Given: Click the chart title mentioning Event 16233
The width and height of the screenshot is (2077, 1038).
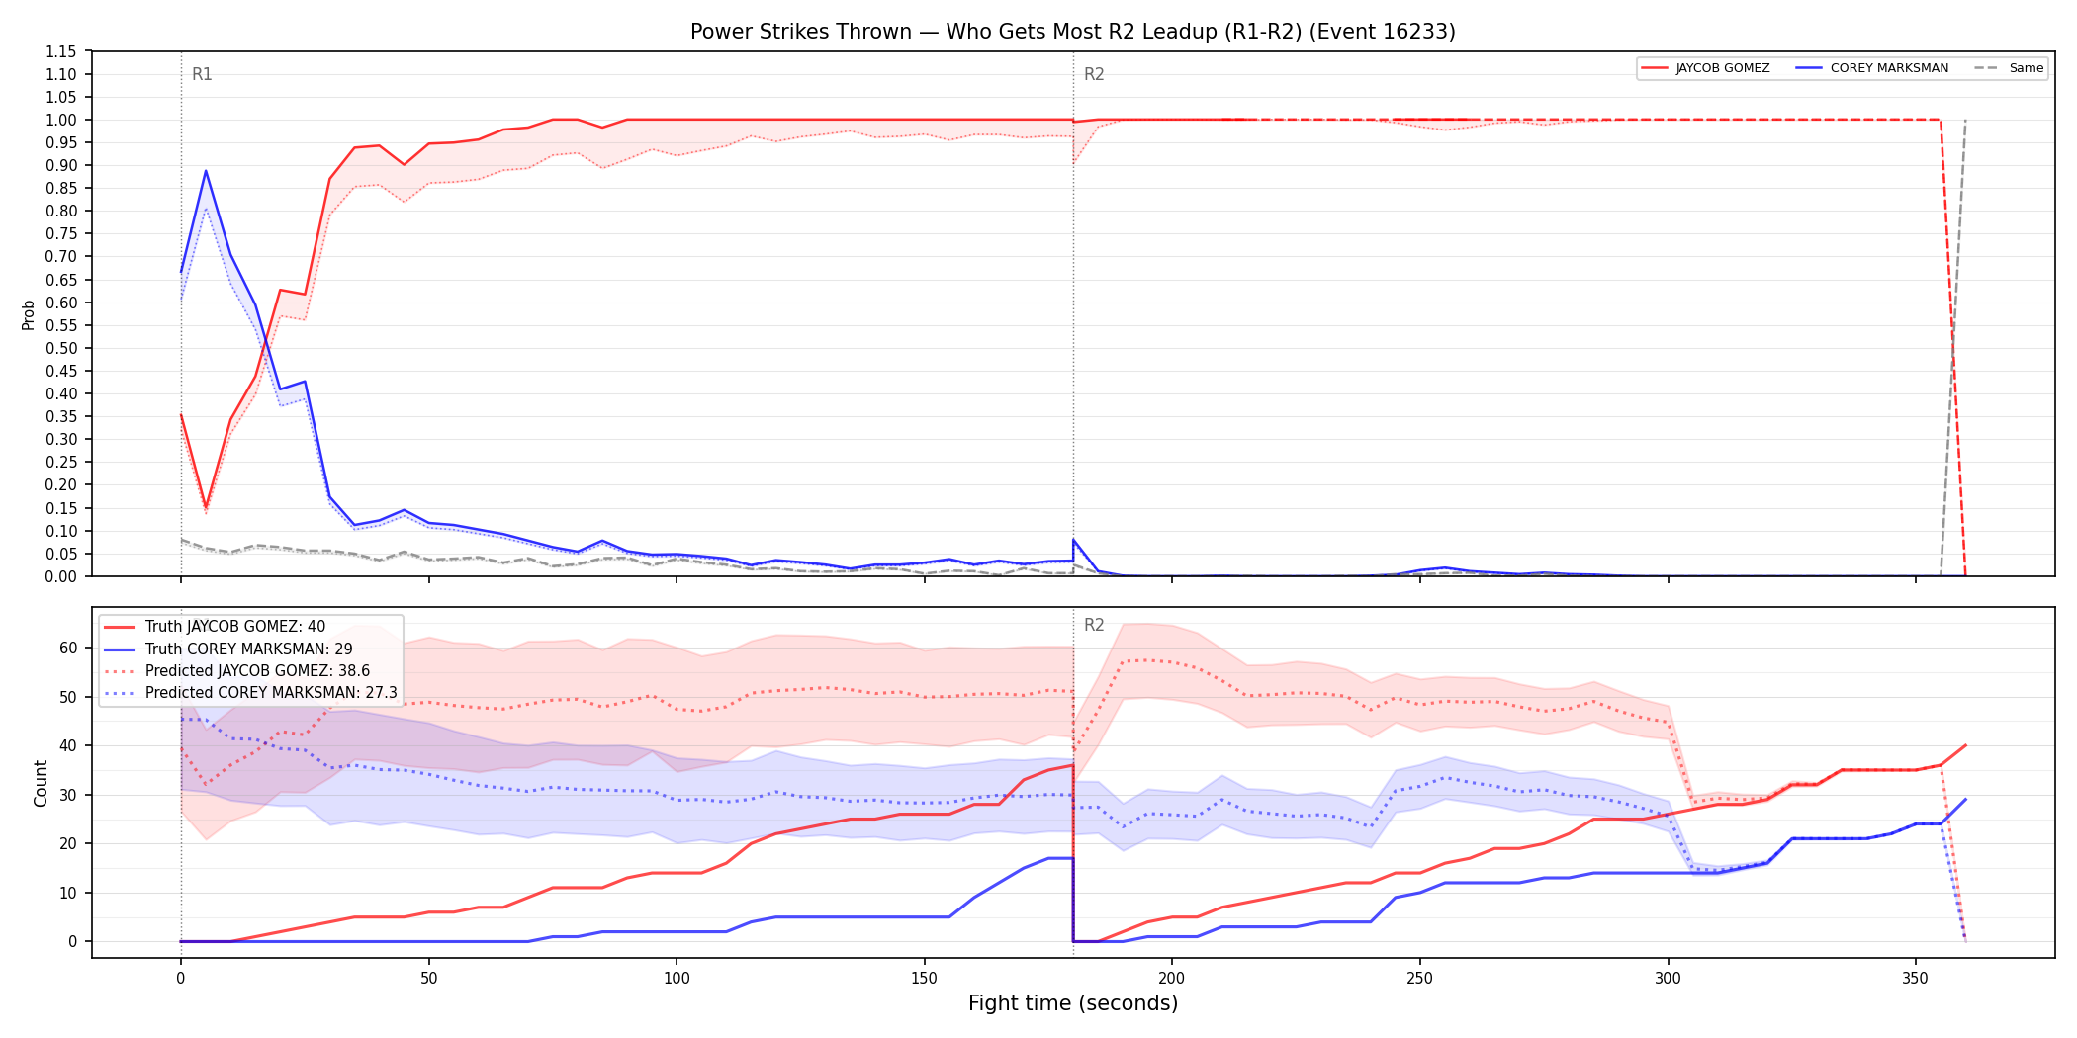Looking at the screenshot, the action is (x=1073, y=32).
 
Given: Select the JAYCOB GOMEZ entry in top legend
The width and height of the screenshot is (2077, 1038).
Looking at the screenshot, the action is (x=1705, y=68).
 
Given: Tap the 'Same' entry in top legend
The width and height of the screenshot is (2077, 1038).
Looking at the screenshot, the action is (x=2009, y=68).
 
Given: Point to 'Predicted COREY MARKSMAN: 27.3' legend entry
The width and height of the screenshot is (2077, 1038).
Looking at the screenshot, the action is (x=250, y=693).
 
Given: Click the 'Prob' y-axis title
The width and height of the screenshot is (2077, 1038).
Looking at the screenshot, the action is (x=29, y=314).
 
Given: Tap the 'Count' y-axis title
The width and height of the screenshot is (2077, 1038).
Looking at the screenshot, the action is (x=41, y=783).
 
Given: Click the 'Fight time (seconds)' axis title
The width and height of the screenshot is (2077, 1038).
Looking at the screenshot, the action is (x=1073, y=1003).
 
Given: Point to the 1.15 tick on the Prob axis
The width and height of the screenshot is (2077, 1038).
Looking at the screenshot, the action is (x=60, y=51).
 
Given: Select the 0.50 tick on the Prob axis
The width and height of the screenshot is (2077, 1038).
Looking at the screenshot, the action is (x=60, y=348).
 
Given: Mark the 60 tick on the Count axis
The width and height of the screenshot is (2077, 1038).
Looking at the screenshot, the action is (x=68, y=649).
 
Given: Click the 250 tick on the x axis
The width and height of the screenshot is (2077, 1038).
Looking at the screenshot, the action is (x=1419, y=979).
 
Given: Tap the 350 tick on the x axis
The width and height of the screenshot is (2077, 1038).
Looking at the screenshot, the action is (x=1915, y=979).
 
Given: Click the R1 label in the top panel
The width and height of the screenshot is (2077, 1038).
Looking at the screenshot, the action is (x=202, y=74).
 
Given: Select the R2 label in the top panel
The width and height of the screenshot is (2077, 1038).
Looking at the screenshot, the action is (x=1094, y=74).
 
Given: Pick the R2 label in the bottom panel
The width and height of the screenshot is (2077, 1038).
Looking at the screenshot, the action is (x=1094, y=625).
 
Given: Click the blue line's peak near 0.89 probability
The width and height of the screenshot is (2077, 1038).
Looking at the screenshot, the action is (x=206, y=171).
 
